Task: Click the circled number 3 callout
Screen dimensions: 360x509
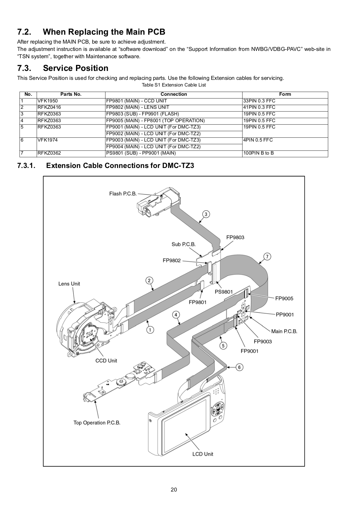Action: (x=206, y=214)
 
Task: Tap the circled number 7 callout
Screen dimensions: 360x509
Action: (x=267, y=256)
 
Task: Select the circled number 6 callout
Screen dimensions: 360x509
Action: (x=239, y=367)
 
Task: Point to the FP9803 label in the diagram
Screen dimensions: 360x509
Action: (x=235, y=237)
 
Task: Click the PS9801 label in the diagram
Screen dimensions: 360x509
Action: (x=224, y=292)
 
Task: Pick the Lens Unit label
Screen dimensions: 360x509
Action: (x=69, y=284)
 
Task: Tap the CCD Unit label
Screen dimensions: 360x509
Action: (x=106, y=361)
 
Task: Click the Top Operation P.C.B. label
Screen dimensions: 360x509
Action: (x=97, y=423)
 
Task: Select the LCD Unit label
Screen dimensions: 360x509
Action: (x=203, y=454)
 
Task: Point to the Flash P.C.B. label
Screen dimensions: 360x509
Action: (x=123, y=194)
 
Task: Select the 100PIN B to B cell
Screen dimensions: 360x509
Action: (x=259, y=153)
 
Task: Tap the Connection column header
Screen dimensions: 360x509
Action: (x=174, y=94)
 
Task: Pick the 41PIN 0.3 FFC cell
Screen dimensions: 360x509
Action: (x=259, y=107)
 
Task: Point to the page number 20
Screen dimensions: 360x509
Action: (x=174, y=490)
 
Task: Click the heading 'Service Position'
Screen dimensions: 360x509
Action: (x=76, y=68)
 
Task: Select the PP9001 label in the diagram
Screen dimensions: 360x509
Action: (x=285, y=315)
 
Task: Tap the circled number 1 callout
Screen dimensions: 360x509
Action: (x=150, y=330)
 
